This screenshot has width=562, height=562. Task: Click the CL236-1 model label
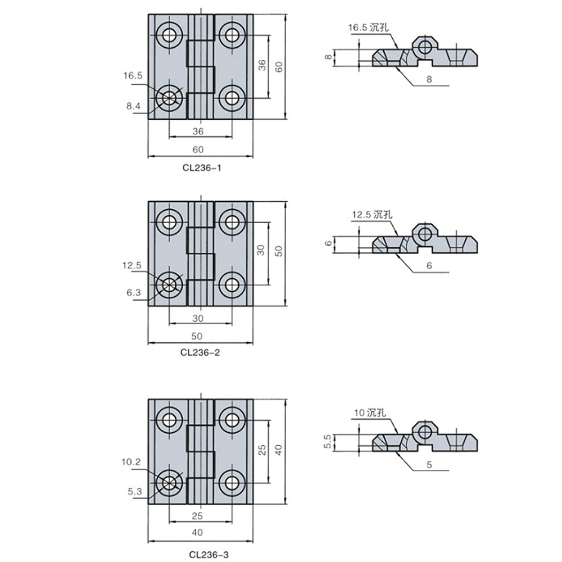tap(202, 167)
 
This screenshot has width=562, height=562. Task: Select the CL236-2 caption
tap(200, 352)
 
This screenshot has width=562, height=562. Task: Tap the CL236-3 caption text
tap(209, 555)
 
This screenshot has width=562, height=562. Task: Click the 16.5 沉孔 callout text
tap(369, 28)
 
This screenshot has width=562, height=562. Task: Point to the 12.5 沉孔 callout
tap(372, 215)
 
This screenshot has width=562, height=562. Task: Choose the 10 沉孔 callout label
tap(370, 413)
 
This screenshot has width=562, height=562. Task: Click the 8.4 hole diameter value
tap(133, 106)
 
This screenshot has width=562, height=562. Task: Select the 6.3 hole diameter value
tap(134, 293)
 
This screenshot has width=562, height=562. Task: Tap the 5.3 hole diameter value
tap(135, 491)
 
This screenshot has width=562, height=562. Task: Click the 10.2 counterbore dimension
tap(132, 462)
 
